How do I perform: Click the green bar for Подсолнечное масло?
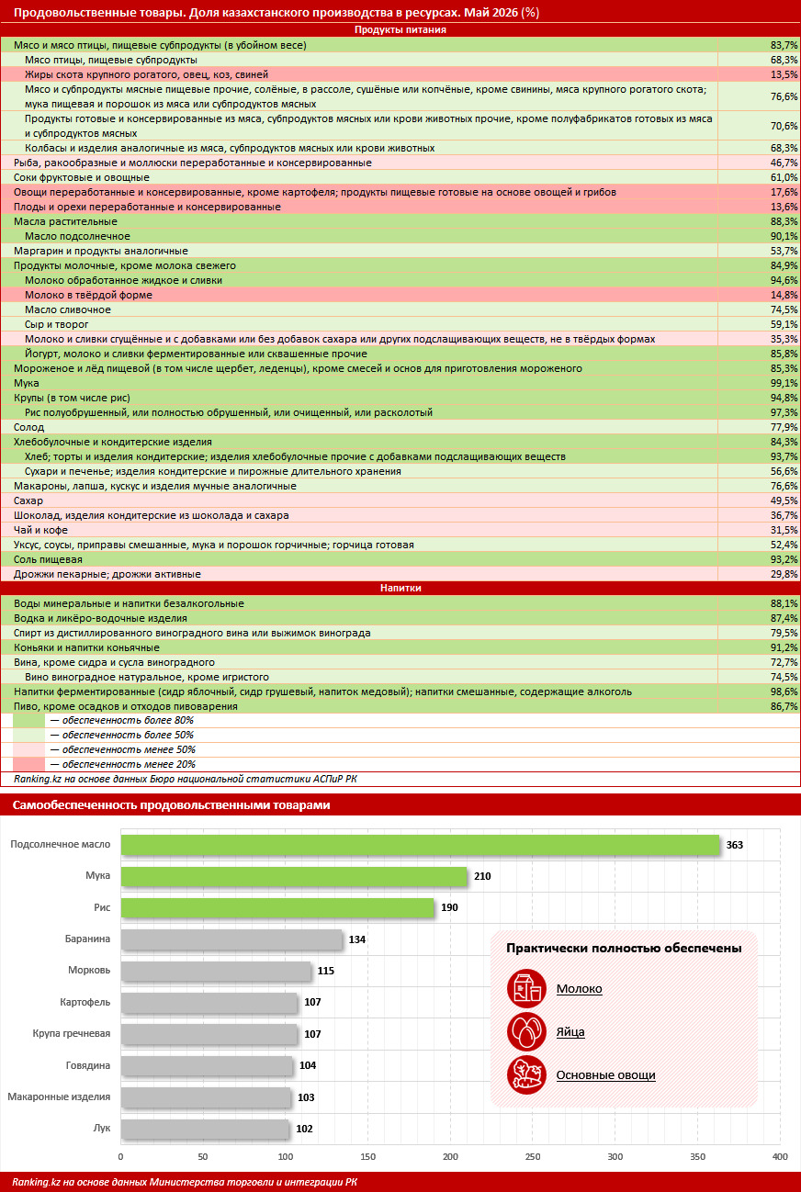point(420,845)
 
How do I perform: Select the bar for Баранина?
point(231,939)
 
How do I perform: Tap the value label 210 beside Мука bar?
point(482,876)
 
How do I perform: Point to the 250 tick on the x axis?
point(533,1156)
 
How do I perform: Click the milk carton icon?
point(526,988)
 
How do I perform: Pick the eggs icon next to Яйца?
point(526,1031)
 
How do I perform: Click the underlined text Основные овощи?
point(605,1075)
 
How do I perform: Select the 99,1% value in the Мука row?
point(784,383)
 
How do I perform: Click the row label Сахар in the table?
point(28,500)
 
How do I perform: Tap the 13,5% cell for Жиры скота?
point(784,74)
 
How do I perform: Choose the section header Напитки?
point(400,588)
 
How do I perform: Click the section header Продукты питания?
point(400,29)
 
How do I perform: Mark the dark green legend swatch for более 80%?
point(28,721)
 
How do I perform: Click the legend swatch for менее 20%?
point(28,764)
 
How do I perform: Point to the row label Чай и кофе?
point(40,530)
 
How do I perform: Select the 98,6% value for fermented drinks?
point(784,692)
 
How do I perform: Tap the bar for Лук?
point(204,1129)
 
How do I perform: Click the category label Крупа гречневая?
point(72,1033)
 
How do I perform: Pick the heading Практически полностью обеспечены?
point(624,948)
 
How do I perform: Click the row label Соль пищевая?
point(48,559)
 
